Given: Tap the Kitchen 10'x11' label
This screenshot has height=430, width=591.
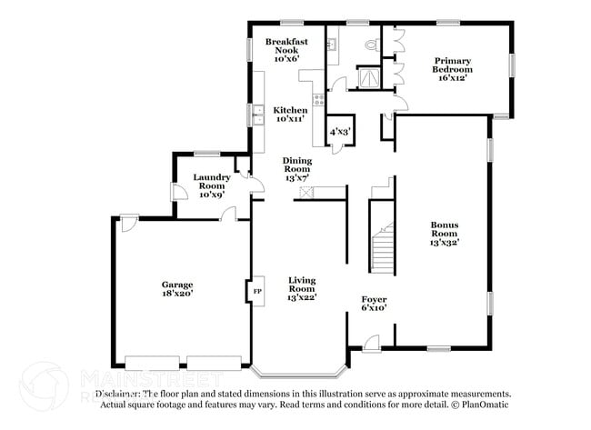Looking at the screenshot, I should click(291, 115).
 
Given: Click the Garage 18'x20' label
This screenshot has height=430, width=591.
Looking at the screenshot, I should click(177, 289).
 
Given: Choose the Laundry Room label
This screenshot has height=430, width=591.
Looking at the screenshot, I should click(211, 184).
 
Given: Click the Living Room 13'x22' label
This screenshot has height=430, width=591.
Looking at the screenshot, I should click(302, 289).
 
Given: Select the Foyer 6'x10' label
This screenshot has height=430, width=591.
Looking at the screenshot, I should click(374, 303).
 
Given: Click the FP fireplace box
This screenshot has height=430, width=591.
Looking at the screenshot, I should click(256, 291).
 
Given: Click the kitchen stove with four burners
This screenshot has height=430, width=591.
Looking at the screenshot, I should click(318, 99).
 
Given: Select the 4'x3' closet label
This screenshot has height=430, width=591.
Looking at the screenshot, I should click(340, 132).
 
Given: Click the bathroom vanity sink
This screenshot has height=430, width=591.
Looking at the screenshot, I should click(333, 44).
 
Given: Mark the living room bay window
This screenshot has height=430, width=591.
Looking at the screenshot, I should click(299, 372).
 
